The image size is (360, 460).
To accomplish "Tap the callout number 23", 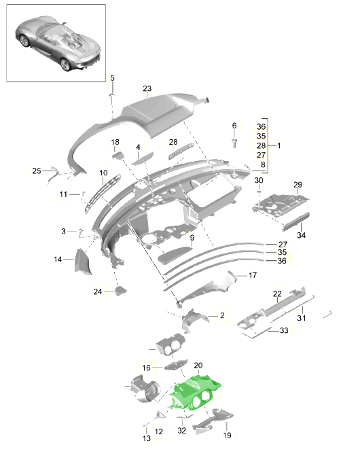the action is point(147,88).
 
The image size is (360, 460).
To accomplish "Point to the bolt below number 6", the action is point(234,143).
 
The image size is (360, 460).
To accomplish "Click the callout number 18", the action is point(115,142).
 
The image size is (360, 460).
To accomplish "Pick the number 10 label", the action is point(103,173).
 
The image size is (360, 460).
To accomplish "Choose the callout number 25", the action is point(37,171).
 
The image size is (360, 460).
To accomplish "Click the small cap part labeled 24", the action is point(120,291).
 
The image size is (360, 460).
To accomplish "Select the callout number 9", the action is point(192,237).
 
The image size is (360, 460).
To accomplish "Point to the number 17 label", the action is point(253,275).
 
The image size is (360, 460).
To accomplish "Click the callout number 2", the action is point(222,315).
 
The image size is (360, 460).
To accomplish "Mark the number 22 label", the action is point(277,294).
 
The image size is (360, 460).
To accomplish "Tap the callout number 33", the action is point(284,330).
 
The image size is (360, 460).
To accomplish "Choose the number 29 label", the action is point(298,185).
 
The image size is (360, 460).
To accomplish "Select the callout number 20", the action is point(198,366).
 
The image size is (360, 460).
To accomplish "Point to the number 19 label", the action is point(227,435).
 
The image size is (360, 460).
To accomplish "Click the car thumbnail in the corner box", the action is point(58,43).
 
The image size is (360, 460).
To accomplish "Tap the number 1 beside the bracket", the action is point(278,145).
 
